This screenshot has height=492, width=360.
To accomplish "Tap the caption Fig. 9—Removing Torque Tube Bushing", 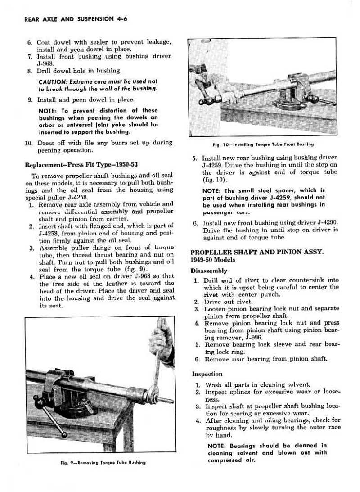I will coord(104,462).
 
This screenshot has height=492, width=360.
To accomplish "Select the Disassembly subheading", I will coord(209,271).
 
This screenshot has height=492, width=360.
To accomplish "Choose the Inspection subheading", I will coord(207,374).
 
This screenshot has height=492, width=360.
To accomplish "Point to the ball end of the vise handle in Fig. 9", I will coord(64,434).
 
